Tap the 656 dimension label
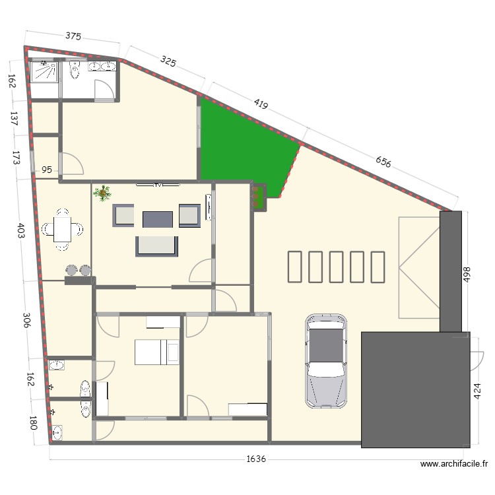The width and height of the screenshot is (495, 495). coord(382,162)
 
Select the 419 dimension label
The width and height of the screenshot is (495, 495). coord(260,104)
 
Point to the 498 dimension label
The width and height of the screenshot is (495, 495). coord(466,275)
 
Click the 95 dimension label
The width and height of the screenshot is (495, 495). coord(47,170)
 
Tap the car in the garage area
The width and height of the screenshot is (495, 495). coord(325,359)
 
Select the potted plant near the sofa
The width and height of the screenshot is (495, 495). coord(102,193)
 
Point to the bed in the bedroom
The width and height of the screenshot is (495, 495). coord(157,352)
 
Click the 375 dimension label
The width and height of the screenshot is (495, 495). coord(73,37)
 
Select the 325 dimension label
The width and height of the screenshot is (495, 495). coord(169,62)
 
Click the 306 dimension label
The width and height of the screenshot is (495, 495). coord(25,321)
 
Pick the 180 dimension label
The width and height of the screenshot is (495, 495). coord(32,422)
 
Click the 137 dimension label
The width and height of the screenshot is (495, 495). coord(13,119)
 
